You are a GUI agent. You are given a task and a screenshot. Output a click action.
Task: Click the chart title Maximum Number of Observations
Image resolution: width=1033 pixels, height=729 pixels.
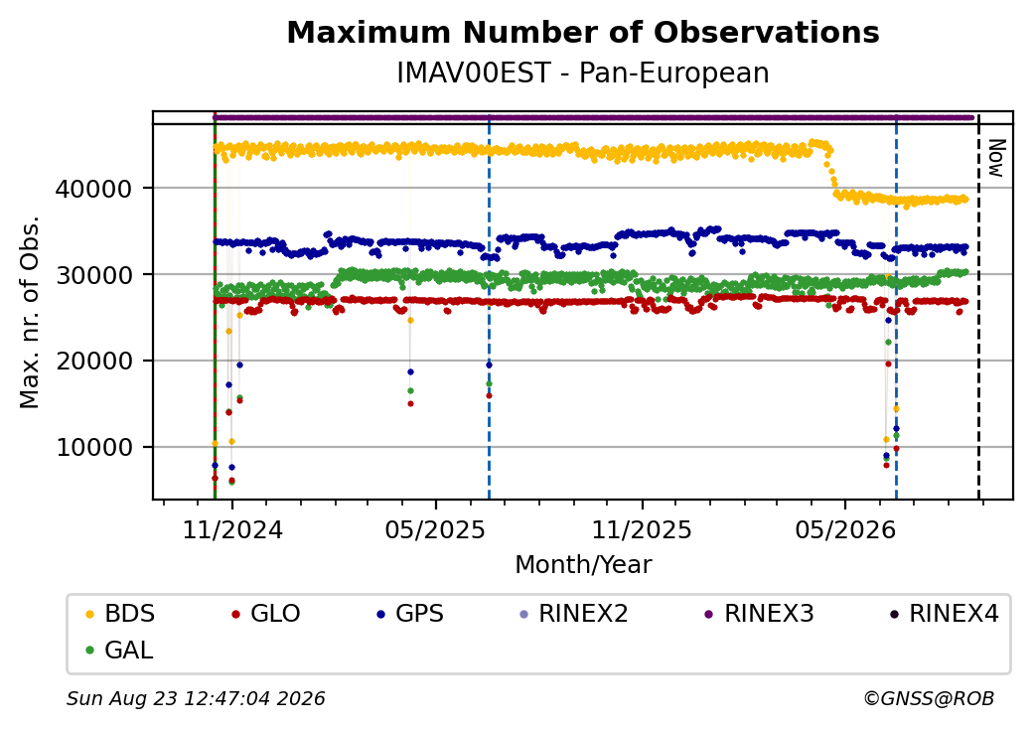pos(583,32)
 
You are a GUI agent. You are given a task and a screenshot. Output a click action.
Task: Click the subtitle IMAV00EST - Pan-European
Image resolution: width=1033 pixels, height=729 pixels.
pos(583,73)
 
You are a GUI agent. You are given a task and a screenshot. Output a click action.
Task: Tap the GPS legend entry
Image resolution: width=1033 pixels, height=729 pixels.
pos(410,614)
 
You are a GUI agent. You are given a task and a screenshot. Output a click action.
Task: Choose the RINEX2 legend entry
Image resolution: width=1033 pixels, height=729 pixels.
pos(574,614)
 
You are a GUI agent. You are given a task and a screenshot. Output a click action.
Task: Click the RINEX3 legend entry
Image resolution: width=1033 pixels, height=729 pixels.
pos(760,614)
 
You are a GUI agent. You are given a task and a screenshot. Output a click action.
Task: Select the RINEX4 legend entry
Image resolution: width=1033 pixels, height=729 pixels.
pos(945,614)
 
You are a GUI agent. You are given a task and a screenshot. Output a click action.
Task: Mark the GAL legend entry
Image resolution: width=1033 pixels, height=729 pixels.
pos(120,650)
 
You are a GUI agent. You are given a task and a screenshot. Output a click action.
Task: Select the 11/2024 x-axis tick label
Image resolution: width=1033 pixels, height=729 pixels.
pos(231,530)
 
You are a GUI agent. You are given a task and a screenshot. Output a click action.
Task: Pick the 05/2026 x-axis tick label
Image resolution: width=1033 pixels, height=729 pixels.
pos(845,530)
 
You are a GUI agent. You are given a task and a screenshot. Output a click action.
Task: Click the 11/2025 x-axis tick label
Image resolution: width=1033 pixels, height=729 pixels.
pos(642,530)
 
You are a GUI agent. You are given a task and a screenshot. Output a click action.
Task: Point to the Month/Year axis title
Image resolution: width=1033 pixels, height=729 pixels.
pos(583,565)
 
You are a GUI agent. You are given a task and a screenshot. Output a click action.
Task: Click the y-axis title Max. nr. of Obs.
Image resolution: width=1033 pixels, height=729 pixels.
pos(30,312)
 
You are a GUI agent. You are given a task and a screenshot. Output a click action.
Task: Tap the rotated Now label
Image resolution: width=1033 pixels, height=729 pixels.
pos(996,158)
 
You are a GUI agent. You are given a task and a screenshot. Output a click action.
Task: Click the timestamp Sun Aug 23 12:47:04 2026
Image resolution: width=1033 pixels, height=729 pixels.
pos(196,698)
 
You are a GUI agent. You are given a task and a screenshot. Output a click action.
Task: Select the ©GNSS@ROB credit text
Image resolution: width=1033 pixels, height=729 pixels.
pos(929,698)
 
